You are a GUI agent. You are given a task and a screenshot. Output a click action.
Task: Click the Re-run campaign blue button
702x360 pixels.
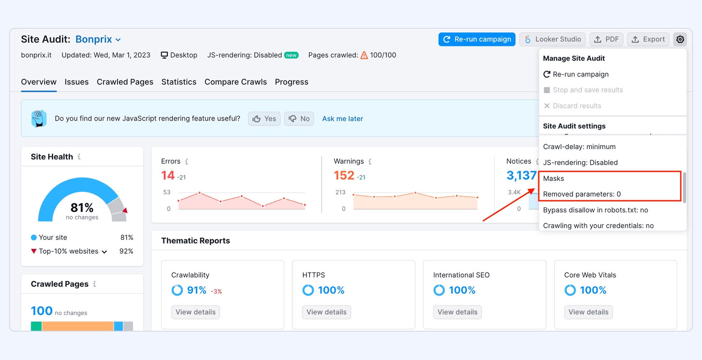click(477, 40)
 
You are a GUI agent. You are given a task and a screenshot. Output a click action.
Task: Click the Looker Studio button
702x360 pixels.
click(553, 40)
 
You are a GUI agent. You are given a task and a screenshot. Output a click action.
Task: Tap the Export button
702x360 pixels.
click(648, 40)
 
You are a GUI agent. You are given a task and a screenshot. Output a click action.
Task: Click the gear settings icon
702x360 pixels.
click(680, 40)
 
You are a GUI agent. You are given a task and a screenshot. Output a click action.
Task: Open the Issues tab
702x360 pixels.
click(76, 82)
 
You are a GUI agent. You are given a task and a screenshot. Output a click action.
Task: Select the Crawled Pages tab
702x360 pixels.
click(125, 82)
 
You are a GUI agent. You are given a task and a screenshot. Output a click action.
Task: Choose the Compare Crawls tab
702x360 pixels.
click(236, 82)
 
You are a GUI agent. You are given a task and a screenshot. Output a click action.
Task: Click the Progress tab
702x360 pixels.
click(292, 82)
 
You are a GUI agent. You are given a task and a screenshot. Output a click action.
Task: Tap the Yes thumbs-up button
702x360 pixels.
click(265, 119)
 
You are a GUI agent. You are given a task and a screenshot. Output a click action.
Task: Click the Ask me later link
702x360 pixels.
click(342, 119)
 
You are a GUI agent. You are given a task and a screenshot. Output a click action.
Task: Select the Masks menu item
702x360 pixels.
click(553, 179)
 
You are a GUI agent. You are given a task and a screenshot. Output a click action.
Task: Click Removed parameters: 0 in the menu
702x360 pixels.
click(582, 194)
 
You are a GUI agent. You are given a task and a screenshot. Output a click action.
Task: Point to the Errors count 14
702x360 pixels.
click(168, 175)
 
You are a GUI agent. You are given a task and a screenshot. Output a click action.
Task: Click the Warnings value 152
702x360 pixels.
click(344, 175)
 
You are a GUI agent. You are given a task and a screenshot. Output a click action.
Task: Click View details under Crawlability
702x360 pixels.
click(196, 312)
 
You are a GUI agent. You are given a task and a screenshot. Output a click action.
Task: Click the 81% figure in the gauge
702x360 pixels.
click(82, 208)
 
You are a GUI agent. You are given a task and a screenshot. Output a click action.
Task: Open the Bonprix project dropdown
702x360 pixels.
click(98, 40)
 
